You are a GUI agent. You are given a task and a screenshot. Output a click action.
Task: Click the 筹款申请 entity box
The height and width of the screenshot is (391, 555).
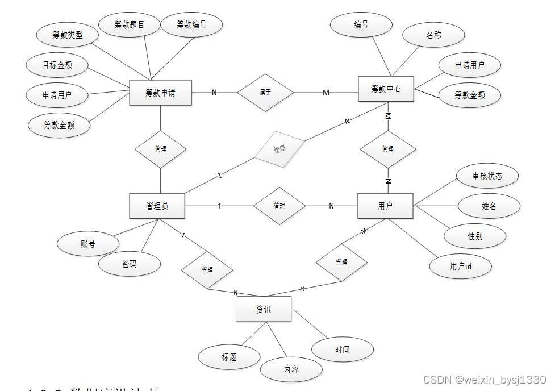tap(160, 93)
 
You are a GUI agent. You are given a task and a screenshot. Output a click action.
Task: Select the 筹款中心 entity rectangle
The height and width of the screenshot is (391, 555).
tap(386, 89)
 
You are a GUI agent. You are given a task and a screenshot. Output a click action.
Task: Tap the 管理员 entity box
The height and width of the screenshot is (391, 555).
tap(157, 206)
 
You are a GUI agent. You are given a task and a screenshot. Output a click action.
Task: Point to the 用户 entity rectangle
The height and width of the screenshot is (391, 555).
tap(385, 206)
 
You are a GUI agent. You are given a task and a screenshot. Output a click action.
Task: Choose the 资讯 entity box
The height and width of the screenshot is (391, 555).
tap(264, 310)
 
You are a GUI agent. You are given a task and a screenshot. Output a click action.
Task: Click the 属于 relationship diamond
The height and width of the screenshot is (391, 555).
tap(265, 93)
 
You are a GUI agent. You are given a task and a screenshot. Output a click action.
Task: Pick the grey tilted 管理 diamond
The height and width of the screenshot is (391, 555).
tap(279, 149)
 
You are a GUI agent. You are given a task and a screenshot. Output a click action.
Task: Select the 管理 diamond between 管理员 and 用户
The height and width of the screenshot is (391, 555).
tap(279, 206)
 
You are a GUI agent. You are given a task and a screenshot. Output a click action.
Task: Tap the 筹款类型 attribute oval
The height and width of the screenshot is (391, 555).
tap(68, 35)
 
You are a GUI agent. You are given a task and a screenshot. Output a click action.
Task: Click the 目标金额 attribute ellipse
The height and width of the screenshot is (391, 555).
tap(57, 65)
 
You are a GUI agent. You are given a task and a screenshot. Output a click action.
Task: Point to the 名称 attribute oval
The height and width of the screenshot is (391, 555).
tap(433, 35)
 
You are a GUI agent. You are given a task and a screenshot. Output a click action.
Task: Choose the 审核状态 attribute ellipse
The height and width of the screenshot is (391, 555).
tap(487, 176)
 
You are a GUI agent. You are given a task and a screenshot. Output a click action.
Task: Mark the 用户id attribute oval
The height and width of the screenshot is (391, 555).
tap(461, 266)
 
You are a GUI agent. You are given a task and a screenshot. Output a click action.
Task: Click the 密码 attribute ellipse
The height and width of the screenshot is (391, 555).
tap(130, 264)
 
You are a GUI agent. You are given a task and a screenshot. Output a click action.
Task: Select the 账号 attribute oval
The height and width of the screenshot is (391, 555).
tap(88, 244)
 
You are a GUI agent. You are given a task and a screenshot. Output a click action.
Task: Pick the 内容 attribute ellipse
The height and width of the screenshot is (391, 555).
tap(291, 369)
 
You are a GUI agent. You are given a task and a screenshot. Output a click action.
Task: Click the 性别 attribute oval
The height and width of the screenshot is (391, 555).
tap(475, 236)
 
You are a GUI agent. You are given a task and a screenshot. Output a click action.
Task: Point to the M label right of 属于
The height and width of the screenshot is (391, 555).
tap(326, 93)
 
